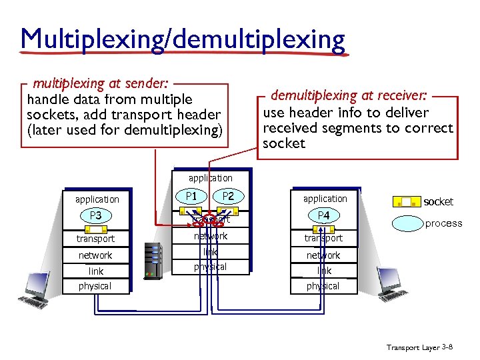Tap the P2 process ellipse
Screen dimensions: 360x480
228,197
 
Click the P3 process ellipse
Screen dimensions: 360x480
95,215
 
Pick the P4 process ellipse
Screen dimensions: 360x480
323,215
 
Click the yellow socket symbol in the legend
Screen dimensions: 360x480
406,201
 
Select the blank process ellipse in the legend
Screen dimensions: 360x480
406,223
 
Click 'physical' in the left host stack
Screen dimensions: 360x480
95,286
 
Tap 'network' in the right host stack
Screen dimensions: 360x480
323,255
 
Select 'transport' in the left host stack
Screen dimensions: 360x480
95,239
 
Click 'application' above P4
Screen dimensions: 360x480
325,199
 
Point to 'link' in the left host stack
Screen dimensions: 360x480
95,271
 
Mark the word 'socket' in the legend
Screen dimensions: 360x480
439,201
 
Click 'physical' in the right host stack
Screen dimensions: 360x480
323,286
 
